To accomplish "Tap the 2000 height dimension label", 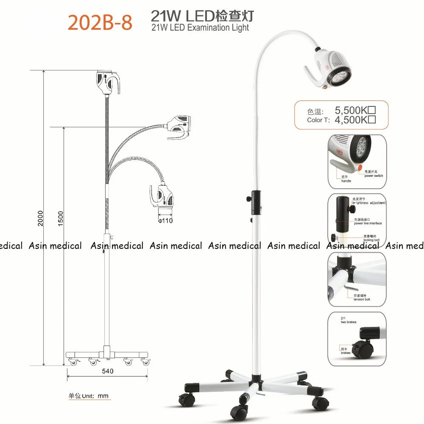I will tap(41, 218).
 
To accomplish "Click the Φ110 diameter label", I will tap(165, 220).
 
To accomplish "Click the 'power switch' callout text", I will tap(373, 176).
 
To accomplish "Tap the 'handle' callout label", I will tap(346, 181).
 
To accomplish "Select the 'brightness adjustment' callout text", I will tap(369, 203).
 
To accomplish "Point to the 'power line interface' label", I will tap(368, 223).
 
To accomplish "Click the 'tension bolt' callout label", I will tap(362, 299).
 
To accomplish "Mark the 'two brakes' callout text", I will tap(349, 322).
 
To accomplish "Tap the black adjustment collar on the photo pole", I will tap(256, 203).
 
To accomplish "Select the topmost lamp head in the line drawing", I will tap(109, 82).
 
